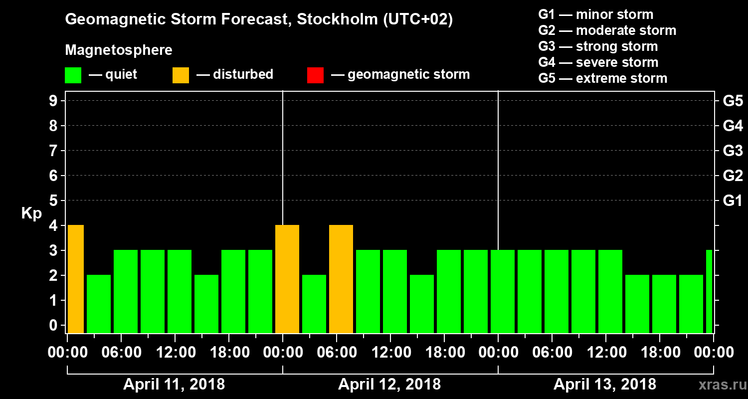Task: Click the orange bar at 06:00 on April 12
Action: point(341,279)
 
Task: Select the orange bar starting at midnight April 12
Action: point(287,279)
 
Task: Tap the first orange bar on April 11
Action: point(75,279)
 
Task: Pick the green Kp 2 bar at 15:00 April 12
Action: point(422,304)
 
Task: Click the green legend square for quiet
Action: point(73,75)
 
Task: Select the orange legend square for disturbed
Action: point(181,75)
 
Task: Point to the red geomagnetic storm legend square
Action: point(315,75)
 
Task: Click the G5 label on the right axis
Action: point(733,101)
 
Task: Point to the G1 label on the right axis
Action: point(733,201)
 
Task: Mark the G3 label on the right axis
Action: point(733,151)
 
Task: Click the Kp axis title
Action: point(31,213)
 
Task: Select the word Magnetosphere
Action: point(119,50)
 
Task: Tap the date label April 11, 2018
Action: point(174,385)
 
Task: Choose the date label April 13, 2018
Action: point(605,385)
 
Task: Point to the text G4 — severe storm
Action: point(598,62)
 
